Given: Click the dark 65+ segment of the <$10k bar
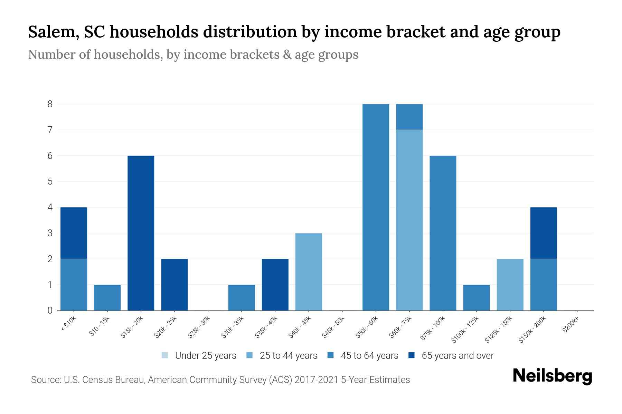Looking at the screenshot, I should tap(74, 233).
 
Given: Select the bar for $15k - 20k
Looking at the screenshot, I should tap(141, 233).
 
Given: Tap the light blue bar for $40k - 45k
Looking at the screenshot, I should tap(309, 272).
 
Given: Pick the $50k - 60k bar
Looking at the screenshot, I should tap(376, 207).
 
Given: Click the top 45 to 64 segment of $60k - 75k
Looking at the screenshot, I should tap(409, 117).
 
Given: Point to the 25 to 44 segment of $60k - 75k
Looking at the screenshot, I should tap(409, 220).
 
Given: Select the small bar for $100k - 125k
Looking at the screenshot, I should tap(476, 297).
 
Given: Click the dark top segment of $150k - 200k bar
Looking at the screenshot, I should tap(543, 233).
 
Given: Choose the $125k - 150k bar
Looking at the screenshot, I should tap(510, 285).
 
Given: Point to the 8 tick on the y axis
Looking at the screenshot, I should tap(50, 104).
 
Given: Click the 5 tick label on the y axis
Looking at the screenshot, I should tap(50, 181).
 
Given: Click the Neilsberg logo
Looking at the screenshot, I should tap(552, 376).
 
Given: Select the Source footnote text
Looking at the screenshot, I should tap(220, 380).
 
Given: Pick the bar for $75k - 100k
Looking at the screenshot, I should tap(443, 233).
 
